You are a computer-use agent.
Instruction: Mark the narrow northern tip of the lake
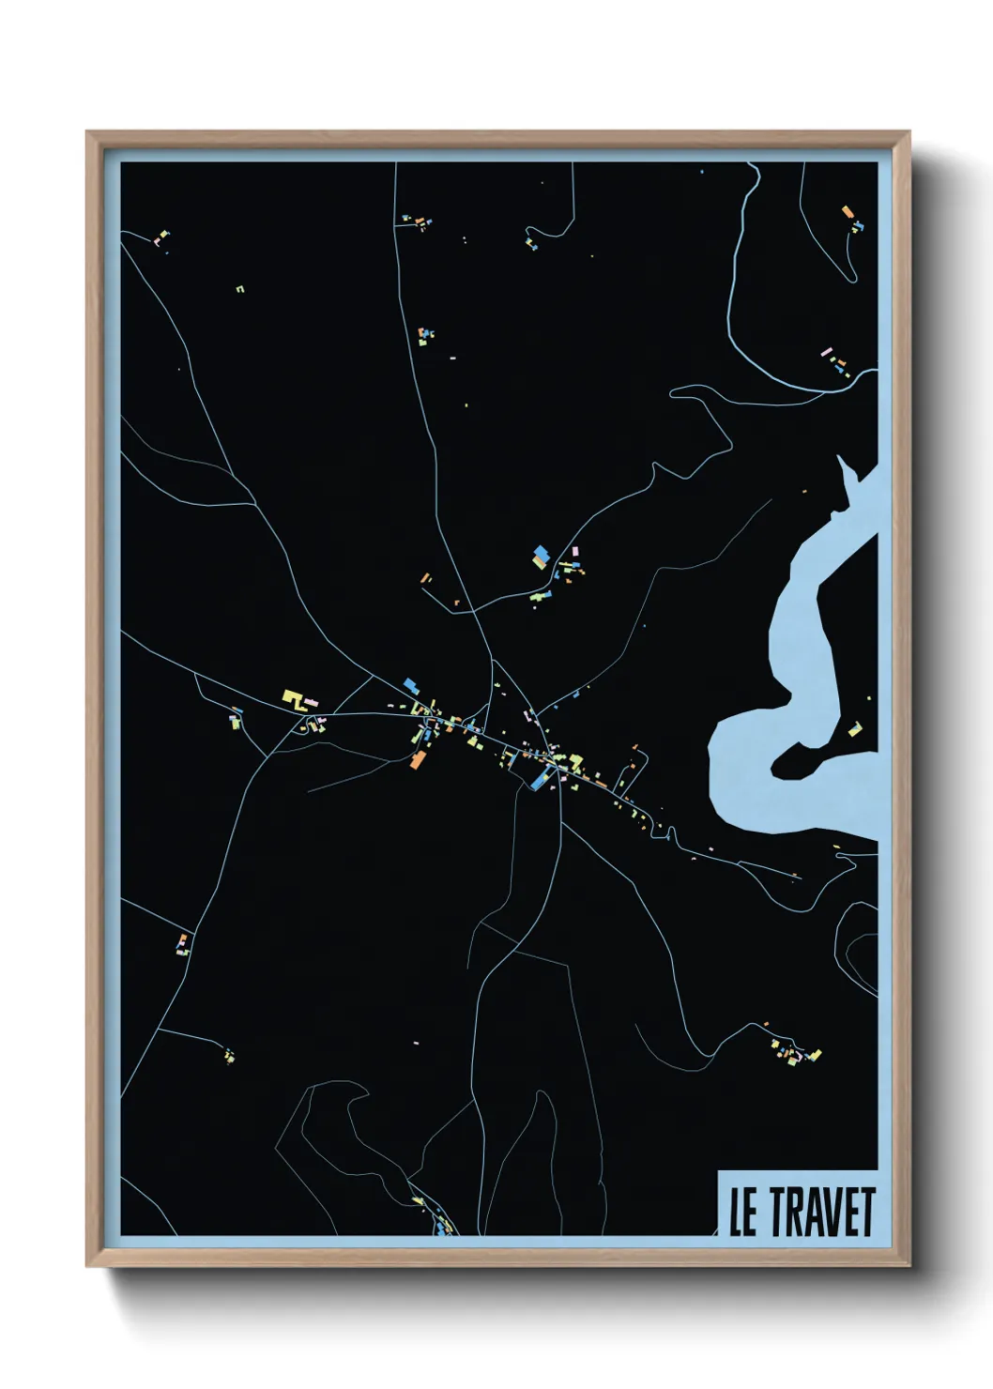coord(842,465)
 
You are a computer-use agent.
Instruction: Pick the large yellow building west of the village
coord(293,698)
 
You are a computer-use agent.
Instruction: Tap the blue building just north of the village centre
coord(410,686)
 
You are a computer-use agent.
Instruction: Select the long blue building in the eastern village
coord(541,778)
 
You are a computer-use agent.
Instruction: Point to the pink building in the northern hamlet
coord(575,551)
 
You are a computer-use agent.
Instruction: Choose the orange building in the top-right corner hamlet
coord(847,212)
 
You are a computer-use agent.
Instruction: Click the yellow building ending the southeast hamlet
coord(816,1055)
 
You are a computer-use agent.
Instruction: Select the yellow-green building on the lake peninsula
coord(854,728)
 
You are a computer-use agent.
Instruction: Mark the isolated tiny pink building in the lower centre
coord(416,1042)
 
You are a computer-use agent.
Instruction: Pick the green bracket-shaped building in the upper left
coord(240,289)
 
